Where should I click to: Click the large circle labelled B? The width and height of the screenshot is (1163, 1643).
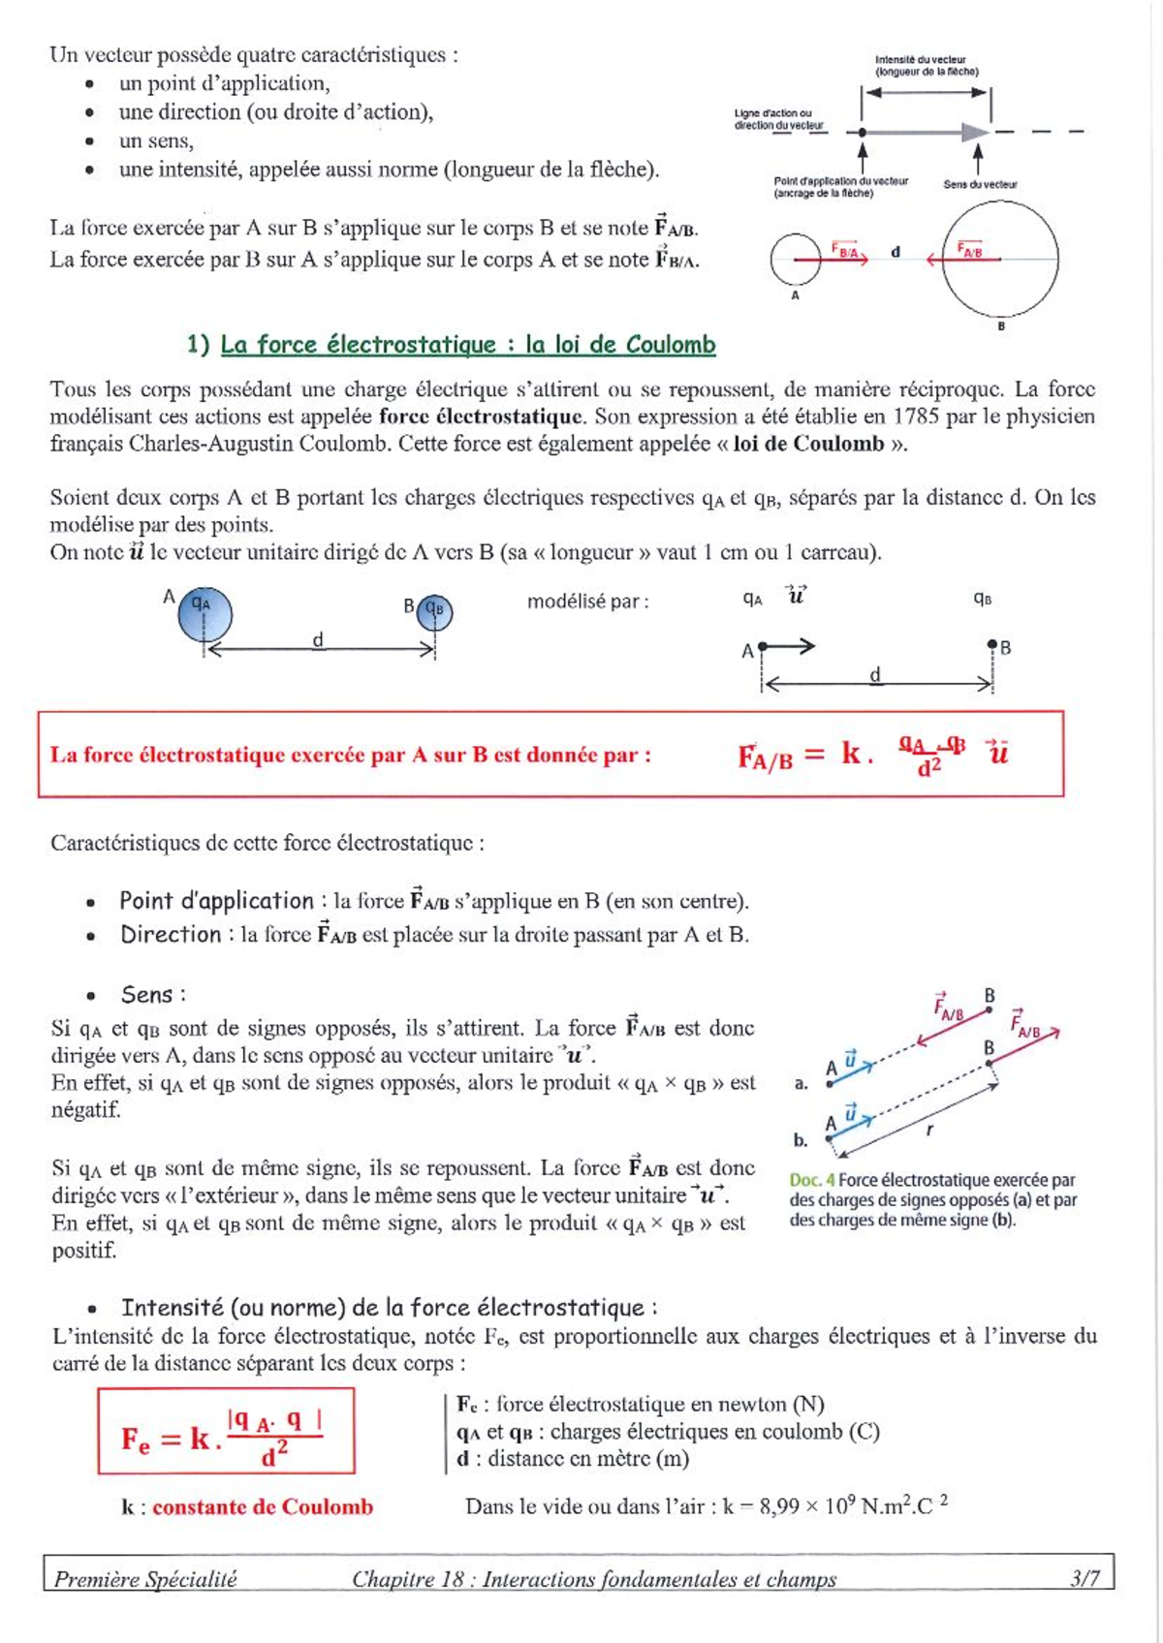coord(1000,259)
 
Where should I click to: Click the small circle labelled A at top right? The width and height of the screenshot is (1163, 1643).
coord(796,260)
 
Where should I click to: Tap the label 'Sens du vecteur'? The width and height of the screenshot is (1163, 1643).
coord(980,184)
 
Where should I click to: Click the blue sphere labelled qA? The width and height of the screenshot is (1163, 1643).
coord(204,613)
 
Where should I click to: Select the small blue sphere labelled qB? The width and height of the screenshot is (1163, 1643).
coord(434,611)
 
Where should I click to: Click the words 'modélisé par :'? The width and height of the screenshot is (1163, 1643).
coord(587,602)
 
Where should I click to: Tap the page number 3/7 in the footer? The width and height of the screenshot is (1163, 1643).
coord(1084,1578)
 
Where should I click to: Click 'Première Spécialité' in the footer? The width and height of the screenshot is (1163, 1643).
coord(145,1579)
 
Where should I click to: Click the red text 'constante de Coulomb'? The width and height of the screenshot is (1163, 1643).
coord(263,1506)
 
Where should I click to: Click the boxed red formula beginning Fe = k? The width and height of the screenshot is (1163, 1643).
coord(225,1432)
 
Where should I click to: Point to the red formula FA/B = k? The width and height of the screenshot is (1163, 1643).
coord(872,754)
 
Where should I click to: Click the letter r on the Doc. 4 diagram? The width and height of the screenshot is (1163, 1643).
coord(929,1130)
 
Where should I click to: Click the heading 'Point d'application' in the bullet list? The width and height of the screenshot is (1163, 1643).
coord(216,901)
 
